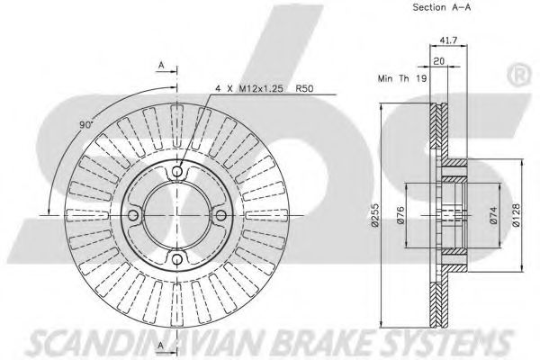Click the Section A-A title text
point(442,7)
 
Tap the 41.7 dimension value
point(448,40)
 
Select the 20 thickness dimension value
point(438,61)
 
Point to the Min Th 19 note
point(402,78)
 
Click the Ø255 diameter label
point(374,215)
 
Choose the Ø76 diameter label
point(400,215)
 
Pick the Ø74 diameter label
point(493,215)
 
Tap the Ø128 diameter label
point(516,215)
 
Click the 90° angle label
point(86,125)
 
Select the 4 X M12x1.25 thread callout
point(249,88)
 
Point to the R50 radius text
point(304,88)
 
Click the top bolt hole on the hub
point(177,171)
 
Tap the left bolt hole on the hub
point(133,216)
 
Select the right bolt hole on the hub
point(220,216)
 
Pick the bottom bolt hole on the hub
point(177,259)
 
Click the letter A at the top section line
point(161,65)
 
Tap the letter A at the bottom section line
point(161,346)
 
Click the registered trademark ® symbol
point(517,75)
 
